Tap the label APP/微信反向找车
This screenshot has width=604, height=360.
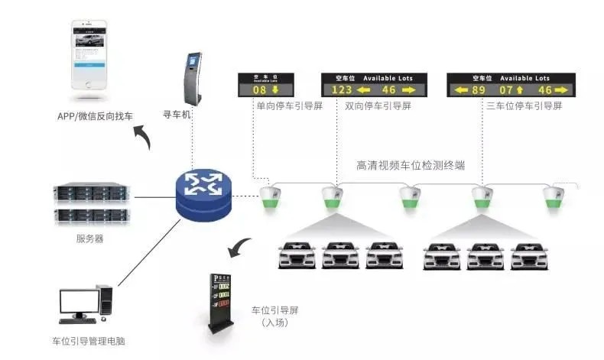tap(95, 116)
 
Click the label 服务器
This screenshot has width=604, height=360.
tap(90, 238)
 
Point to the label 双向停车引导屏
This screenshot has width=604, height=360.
tap(377, 106)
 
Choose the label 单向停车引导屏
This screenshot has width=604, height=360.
tap(290, 106)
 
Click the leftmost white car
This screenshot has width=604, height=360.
tap(296, 255)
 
